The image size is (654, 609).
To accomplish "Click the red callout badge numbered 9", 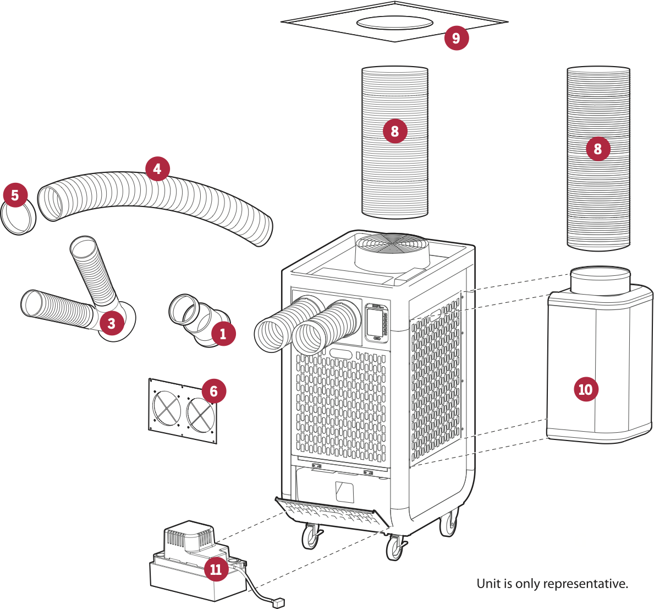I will [x=456, y=38].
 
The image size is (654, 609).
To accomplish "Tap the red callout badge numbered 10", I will [x=585, y=389].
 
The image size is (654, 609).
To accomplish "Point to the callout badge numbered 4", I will [x=157, y=168].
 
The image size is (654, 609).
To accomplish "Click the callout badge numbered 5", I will [x=15, y=195].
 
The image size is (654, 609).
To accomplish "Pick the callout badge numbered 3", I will [x=112, y=323].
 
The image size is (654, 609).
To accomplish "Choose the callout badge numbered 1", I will [x=223, y=334].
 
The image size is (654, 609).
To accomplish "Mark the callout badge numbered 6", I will [x=213, y=391].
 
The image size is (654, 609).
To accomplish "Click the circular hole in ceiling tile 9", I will [x=394, y=23].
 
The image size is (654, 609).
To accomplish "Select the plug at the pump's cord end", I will [x=279, y=603].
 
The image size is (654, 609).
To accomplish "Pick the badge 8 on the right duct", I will [x=597, y=149].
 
